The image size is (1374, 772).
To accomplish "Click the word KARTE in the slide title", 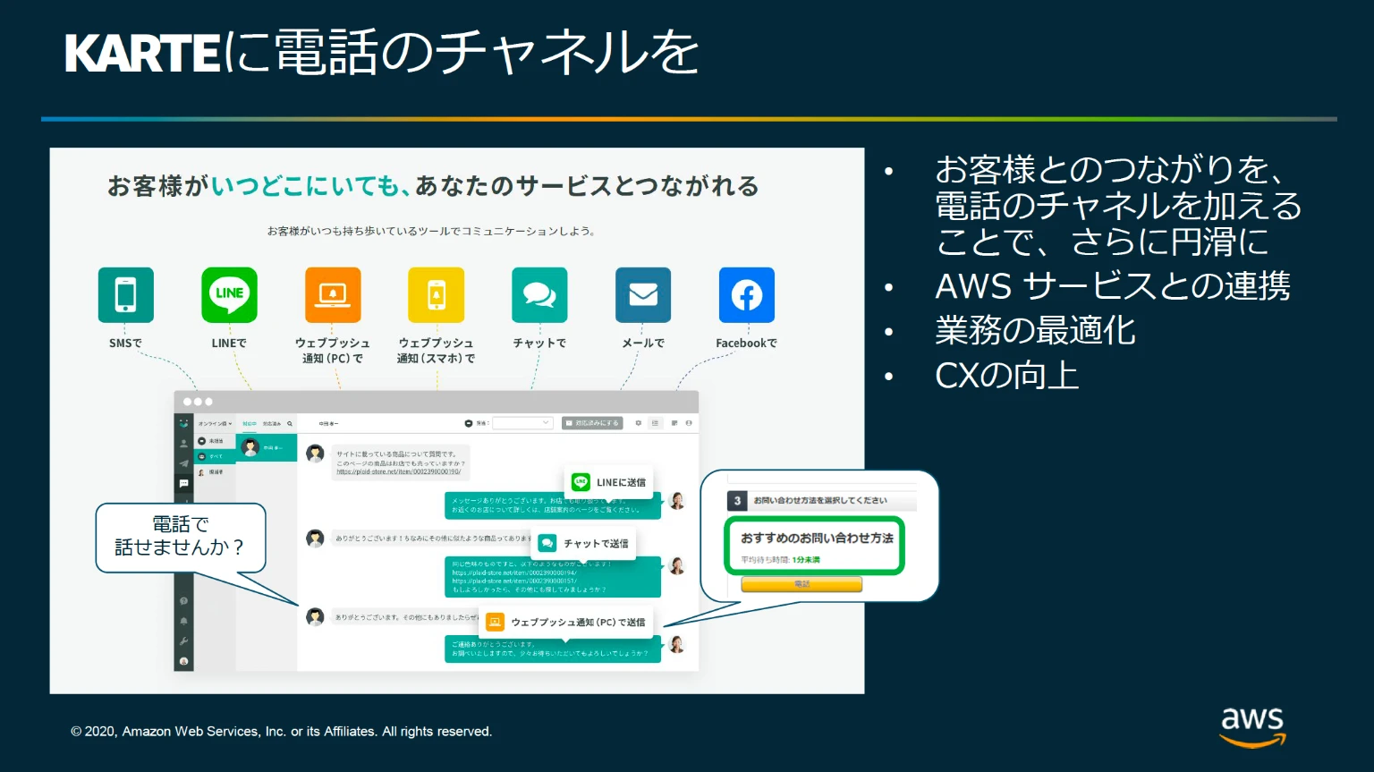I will pyautogui.click(x=141, y=53).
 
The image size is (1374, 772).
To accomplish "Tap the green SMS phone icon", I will pyautogui.click(x=125, y=294).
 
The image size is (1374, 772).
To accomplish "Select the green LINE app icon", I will pyautogui.click(x=229, y=294).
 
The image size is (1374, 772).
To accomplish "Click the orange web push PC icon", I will pyautogui.click(x=333, y=294).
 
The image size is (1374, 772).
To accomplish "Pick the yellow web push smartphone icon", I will pyautogui.click(x=437, y=294).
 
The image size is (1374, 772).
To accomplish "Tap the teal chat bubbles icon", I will pyautogui.click(x=539, y=294).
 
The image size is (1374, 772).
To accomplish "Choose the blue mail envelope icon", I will pyautogui.click(x=643, y=294).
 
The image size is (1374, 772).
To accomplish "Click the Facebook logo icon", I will pyautogui.click(x=747, y=294).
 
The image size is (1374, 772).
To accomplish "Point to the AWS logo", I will pyautogui.click(x=1252, y=725).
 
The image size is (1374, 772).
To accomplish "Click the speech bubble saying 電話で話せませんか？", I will pyautogui.click(x=181, y=536).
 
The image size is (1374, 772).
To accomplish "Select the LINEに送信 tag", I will pyautogui.click(x=609, y=482).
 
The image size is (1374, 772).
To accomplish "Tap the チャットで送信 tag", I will pyautogui.click(x=585, y=543).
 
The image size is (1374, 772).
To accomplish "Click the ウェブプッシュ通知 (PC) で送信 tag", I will pyautogui.click(x=567, y=622).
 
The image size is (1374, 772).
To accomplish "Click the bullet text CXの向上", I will pyautogui.click(x=1006, y=376).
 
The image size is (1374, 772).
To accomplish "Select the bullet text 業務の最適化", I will pyautogui.click(x=1035, y=331).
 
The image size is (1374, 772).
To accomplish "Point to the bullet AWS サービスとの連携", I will pyautogui.click(x=1112, y=286).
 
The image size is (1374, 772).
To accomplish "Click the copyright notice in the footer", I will pyautogui.click(x=281, y=732).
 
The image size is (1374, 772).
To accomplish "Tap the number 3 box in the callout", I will pyautogui.click(x=737, y=501).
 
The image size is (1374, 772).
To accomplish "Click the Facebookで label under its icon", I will pyautogui.click(x=746, y=344).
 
